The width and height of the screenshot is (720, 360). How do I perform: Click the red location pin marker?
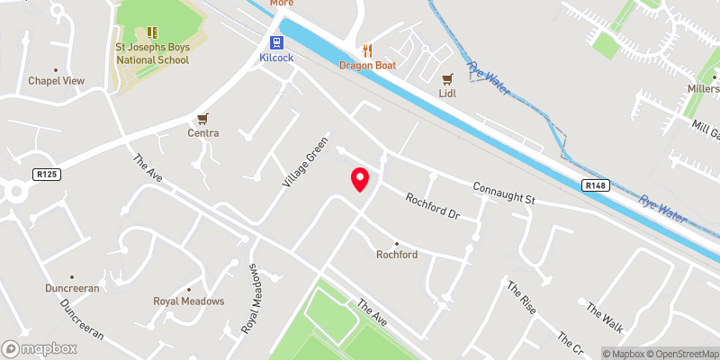coord(360,179)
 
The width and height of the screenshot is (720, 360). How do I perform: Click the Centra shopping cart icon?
coord(203,119)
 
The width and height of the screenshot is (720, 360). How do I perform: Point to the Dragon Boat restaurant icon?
coord(366,49)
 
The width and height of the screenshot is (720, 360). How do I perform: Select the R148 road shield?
coord(593,185)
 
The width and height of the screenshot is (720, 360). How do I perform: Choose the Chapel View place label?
coord(56,81)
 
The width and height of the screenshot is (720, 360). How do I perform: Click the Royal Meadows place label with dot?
coord(188,301)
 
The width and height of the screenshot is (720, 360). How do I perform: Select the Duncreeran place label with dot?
coord(72,289)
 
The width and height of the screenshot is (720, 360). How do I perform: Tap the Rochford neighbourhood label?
coord(396,255)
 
